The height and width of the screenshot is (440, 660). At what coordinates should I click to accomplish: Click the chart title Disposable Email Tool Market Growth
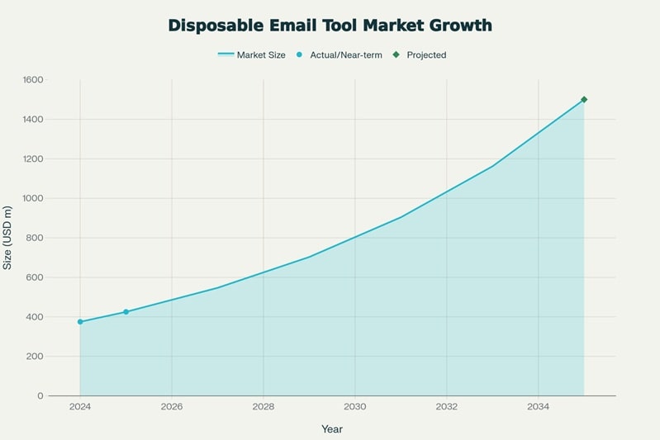(330, 26)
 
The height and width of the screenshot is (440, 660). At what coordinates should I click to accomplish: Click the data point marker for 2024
(80, 322)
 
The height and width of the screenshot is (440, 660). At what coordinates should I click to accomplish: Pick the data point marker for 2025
(126, 312)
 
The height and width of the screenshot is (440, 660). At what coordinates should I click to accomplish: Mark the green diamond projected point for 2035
(584, 100)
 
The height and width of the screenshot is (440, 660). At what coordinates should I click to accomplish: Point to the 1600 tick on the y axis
(33, 80)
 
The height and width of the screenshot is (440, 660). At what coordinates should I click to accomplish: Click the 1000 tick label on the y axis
(33, 198)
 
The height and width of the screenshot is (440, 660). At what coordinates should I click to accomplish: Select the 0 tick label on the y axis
(40, 396)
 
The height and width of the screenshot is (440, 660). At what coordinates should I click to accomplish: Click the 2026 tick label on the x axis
(172, 407)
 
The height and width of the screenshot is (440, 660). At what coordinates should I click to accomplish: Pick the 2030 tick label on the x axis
(355, 407)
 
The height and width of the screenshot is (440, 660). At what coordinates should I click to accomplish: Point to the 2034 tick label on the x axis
(538, 407)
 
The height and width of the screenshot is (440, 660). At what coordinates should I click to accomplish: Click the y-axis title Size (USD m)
(8, 238)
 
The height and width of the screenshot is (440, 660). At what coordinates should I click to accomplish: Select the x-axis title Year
(332, 429)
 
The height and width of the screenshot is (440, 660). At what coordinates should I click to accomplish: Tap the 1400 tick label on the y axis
(33, 120)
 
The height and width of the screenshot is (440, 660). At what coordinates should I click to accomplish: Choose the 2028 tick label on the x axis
(264, 407)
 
